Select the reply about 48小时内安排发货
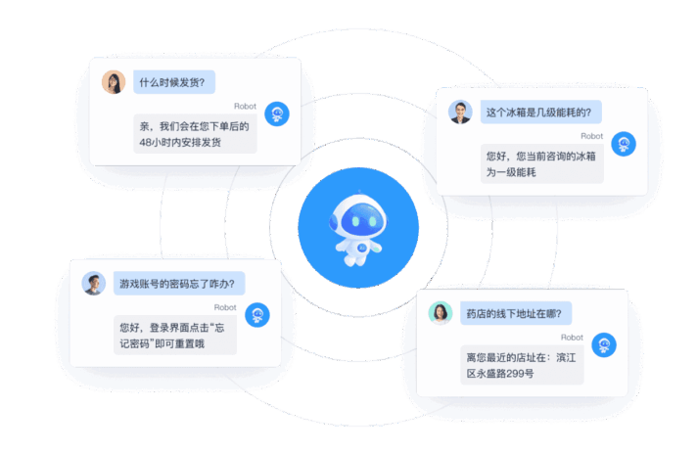[195, 133]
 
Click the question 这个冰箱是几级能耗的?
[539, 112]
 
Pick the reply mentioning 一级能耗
[539, 162]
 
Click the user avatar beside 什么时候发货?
[113, 82]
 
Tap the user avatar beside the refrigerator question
[460, 112]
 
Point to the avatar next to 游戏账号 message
[93, 284]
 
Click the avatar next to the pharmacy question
[441, 313]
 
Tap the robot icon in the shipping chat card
[277, 114]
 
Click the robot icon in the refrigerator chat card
[624, 145]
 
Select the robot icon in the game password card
[256, 315]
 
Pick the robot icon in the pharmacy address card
[603, 345]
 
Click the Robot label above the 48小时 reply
[245, 106]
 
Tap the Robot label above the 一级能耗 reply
[591, 136]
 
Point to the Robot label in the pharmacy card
[572, 338]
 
